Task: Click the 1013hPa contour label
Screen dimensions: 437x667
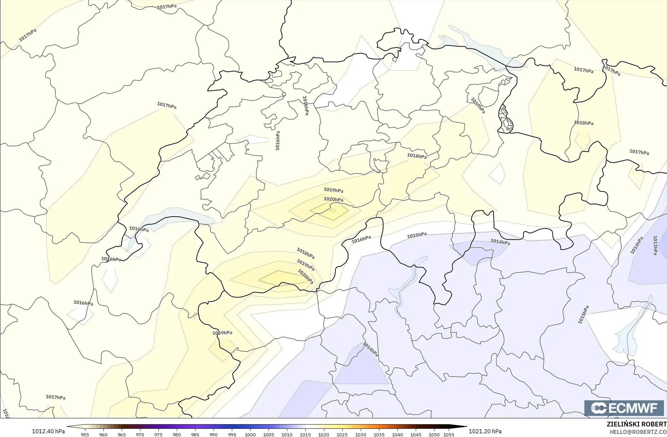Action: pyautogui.click(x=655, y=245)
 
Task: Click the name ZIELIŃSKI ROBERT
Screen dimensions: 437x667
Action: pyautogui.click(x=636, y=424)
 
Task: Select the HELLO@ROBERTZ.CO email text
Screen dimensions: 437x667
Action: pyautogui.click(x=638, y=432)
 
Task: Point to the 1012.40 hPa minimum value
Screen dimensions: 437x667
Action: pyautogui.click(x=48, y=431)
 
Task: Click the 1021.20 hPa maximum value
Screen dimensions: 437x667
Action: pyautogui.click(x=485, y=431)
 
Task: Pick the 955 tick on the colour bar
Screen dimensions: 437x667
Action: pyautogui.click(x=85, y=435)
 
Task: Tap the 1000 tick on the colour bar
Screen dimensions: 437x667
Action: pyautogui.click(x=250, y=435)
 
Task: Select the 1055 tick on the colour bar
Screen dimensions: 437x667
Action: pyautogui.click(x=449, y=435)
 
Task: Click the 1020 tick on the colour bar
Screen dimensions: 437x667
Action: pyautogui.click(x=324, y=435)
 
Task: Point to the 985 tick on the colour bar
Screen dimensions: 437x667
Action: pyautogui.click(x=195, y=435)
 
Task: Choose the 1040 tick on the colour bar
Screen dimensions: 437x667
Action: pyautogui.click(x=397, y=435)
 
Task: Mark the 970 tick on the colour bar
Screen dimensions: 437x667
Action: pyautogui.click(x=140, y=435)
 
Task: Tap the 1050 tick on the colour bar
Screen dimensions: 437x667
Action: pyautogui.click(x=434, y=435)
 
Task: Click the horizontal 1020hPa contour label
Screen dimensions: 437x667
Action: pyautogui.click(x=333, y=199)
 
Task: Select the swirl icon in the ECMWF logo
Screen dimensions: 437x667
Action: pyautogui.click(x=598, y=408)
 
